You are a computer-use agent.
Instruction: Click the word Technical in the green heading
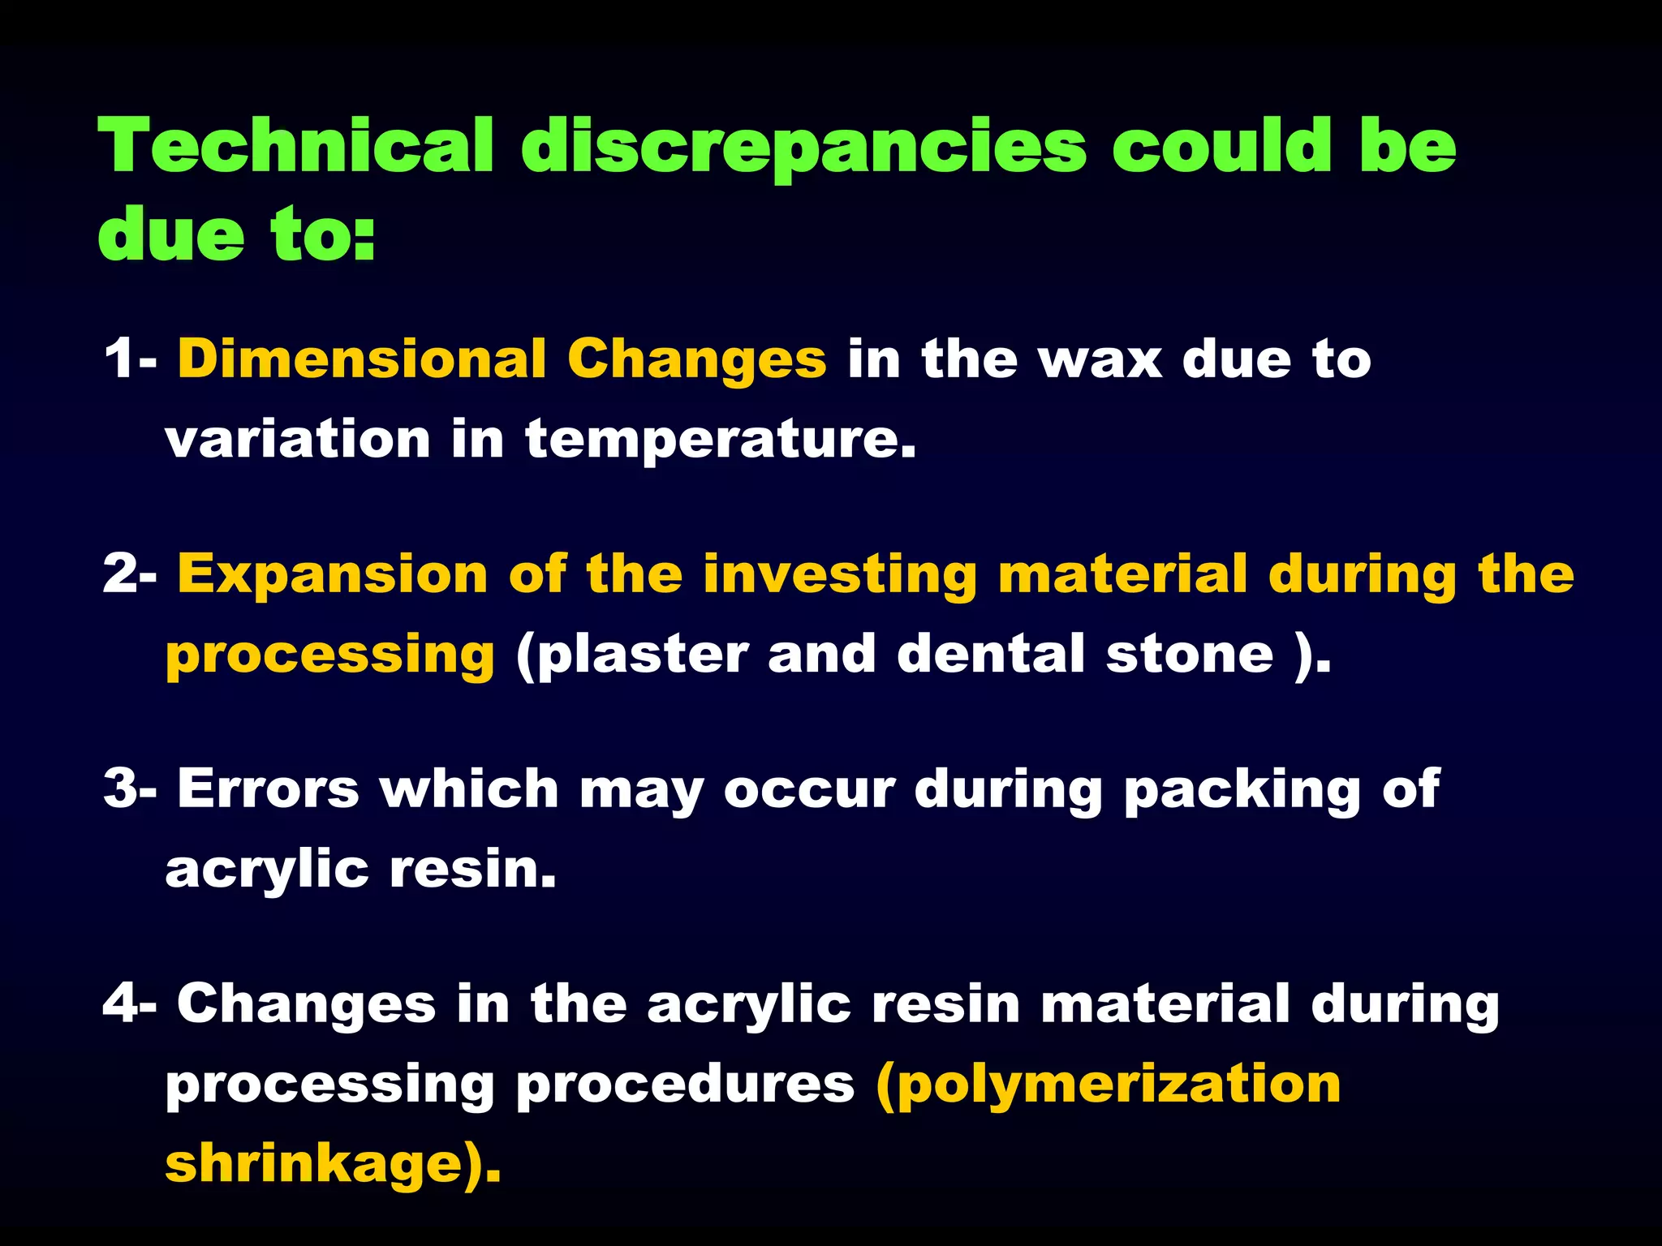[296, 146]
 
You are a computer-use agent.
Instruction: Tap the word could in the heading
[1221, 146]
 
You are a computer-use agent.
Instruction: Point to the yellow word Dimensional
[362, 359]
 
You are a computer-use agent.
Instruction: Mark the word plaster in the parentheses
[642, 655]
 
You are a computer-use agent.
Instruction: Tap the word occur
[809, 789]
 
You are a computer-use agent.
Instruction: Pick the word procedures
[686, 1086]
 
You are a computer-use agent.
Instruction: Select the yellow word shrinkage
[312, 1165]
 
